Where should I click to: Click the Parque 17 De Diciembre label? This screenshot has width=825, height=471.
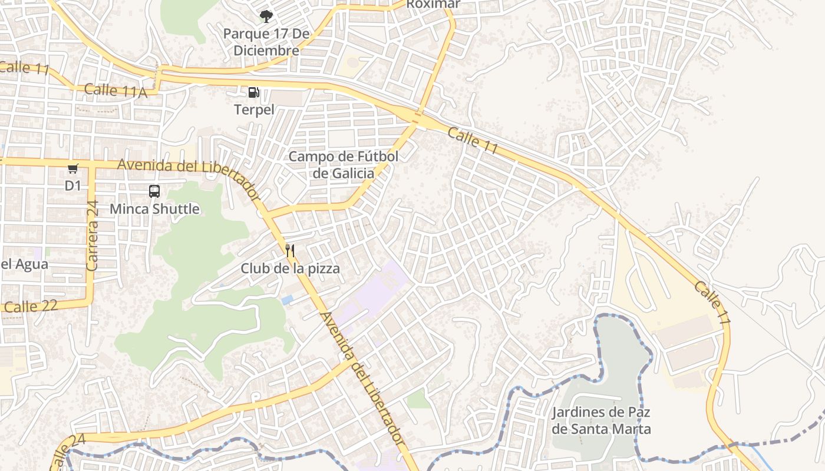click(266, 42)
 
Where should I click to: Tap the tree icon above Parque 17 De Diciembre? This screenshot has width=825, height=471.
click(266, 16)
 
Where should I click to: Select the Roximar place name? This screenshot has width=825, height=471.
click(433, 5)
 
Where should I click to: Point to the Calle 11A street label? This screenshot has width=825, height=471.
click(115, 91)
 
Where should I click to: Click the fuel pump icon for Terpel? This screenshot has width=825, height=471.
click(253, 92)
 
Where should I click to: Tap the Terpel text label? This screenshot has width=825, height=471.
click(255, 110)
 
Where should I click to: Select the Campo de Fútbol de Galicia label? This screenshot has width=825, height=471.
click(344, 165)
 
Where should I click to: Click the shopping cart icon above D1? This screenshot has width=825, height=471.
click(73, 169)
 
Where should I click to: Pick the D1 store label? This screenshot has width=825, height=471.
click(72, 186)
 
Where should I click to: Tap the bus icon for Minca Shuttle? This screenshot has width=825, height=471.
click(154, 191)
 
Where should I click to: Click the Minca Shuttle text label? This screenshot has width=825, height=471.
click(154, 209)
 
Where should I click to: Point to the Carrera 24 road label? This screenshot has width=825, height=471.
click(92, 235)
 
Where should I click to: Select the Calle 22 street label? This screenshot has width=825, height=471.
click(31, 306)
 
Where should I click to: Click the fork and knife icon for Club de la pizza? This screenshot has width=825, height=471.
click(289, 251)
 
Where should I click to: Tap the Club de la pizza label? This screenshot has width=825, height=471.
click(290, 269)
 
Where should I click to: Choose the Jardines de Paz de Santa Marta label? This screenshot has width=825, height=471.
click(601, 420)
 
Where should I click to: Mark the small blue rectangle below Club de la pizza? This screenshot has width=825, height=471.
click(287, 300)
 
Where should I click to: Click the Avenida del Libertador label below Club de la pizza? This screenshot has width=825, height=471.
click(361, 378)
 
